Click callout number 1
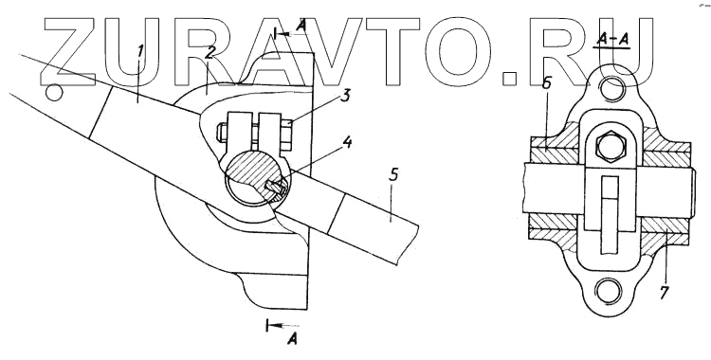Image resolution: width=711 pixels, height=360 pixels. click(140, 51)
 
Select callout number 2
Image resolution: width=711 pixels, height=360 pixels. click(209, 52)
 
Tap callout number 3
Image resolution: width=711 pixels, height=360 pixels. click(346, 96)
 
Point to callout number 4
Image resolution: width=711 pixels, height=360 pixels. click(347, 143)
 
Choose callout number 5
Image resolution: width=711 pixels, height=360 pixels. click(394, 174)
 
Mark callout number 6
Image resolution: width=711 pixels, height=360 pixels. click(546, 83)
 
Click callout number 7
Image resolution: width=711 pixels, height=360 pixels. click(664, 292)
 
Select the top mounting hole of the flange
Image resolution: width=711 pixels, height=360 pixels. click(612, 87)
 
